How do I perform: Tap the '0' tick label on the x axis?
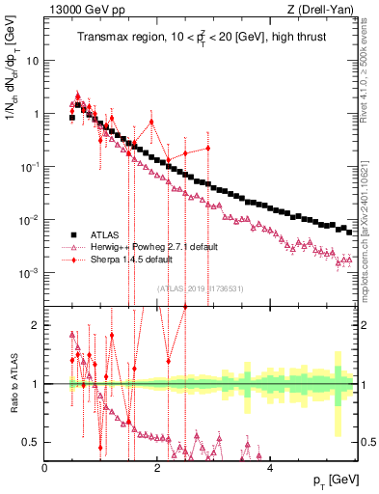pyautogui.click(x=45, y=468)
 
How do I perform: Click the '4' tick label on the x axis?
pyautogui.click(x=270, y=468)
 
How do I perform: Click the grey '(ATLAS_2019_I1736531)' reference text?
pyautogui.click(x=201, y=288)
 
